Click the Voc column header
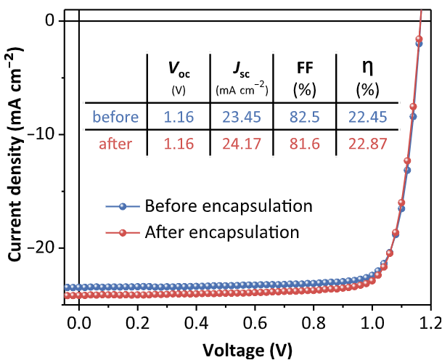(179, 78)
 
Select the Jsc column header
(242, 78)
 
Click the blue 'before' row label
(115, 117)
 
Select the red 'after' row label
(115, 144)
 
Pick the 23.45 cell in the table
(242, 117)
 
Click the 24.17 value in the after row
(242, 144)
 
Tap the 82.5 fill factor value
(305, 117)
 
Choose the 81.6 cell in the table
(305, 144)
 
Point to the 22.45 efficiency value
(367, 117)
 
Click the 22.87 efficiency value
(367, 144)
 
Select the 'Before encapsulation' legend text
(229, 206)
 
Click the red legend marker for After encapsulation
(123, 233)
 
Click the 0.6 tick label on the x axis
(255, 324)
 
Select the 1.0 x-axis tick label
(372, 324)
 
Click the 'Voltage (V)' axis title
(247, 350)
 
